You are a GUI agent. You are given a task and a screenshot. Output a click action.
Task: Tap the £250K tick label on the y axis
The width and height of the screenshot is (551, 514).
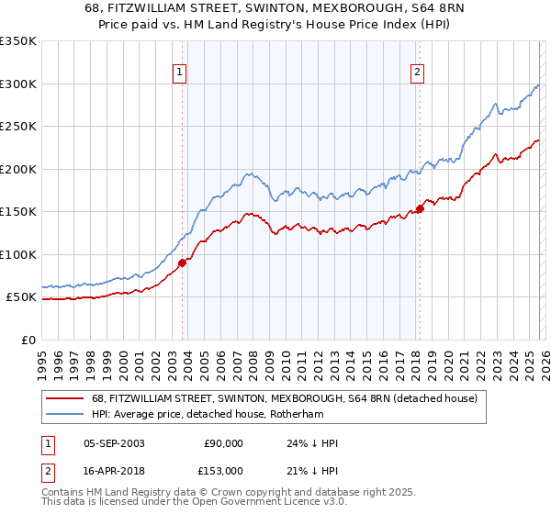tap(17, 127)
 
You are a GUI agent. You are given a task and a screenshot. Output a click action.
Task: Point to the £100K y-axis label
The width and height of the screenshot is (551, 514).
tap(17, 254)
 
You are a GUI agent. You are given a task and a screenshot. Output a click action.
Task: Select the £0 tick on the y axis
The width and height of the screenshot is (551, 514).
tap(28, 340)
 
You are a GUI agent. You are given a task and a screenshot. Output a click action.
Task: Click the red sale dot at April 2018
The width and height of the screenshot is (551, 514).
tap(420, 209)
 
